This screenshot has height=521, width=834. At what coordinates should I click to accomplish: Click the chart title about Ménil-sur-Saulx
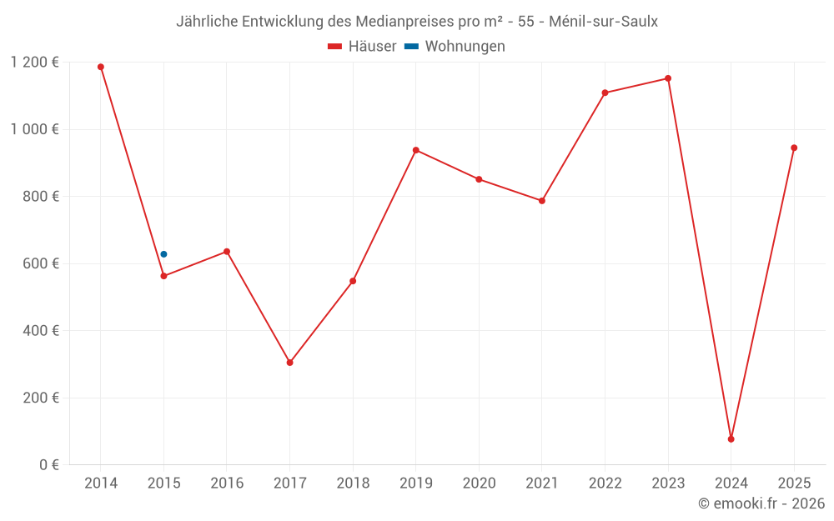(x=416, y=22)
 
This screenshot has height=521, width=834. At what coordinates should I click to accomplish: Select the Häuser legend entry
(x=362, y=47)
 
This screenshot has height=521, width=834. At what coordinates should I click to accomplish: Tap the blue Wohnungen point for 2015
(x=163, y=254)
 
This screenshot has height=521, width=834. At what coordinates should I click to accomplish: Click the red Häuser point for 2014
(x=101, y=67)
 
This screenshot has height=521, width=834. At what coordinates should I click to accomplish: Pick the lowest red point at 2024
(x=731, y=439)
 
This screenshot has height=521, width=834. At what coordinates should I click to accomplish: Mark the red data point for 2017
(x=289, y=363)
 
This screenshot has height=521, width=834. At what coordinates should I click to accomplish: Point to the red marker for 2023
(x=668, y=78)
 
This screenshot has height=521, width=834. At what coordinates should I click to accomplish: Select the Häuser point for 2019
(x=415, y=150)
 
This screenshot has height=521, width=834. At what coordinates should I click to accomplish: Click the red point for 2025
(x=794, y=148)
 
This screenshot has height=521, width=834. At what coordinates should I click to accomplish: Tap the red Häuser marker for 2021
(x=542, y=201)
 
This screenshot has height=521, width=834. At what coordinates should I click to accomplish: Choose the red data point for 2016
(x=227, y=252)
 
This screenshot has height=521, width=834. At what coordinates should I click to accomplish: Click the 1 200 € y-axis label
(x=34, y=63)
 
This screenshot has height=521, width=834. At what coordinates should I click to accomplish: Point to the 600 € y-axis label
(x=40, y=263)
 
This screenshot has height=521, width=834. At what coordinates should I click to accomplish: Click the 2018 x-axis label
(x=353, y=483)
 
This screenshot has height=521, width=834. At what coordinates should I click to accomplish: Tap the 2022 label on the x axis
(x=605, y=483)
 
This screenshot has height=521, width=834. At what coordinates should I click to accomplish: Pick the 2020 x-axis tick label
(x=479, y=483)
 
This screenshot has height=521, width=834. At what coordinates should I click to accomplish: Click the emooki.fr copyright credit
(x=761, y=503)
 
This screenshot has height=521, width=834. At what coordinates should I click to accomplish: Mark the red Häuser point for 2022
(x=605, y=93)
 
